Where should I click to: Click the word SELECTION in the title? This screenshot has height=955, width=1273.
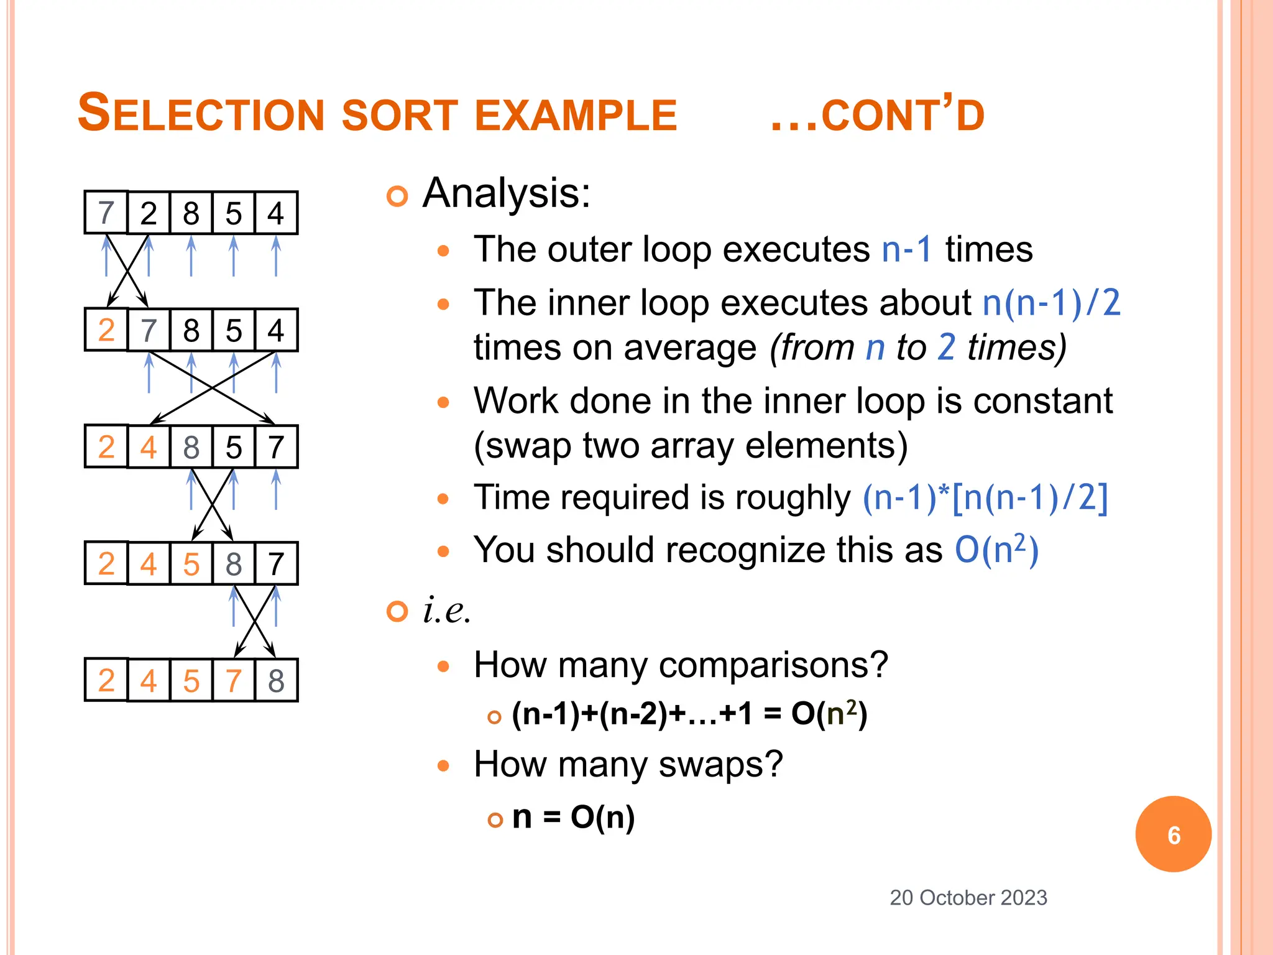pos(201,114)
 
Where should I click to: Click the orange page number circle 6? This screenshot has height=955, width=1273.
pos(1173,834)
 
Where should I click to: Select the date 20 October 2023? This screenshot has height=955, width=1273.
pos(968,898)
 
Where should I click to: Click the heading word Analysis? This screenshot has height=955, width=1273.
pos(505,193)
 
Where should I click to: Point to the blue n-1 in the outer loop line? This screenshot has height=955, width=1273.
pos(907,250)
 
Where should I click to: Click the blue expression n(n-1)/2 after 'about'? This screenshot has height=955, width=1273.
pos(1051,303)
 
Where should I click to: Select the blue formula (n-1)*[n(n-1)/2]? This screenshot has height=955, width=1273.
pos(985,498)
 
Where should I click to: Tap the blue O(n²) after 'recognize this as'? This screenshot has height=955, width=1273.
pos(996,550)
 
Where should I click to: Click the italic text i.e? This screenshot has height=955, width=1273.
pos(446,610)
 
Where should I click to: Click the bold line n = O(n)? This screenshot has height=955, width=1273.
pos(573,817)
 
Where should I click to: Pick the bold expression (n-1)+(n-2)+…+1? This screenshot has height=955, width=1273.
pos(632,714)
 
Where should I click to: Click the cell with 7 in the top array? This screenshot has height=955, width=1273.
pos(106,213)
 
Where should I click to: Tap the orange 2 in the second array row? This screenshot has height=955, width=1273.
pos(106,330)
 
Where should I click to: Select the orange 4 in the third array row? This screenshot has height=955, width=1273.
pos(149,447)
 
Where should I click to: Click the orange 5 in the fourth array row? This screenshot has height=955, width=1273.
pos(191,564)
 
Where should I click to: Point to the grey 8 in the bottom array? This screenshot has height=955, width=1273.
pos(276,681)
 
